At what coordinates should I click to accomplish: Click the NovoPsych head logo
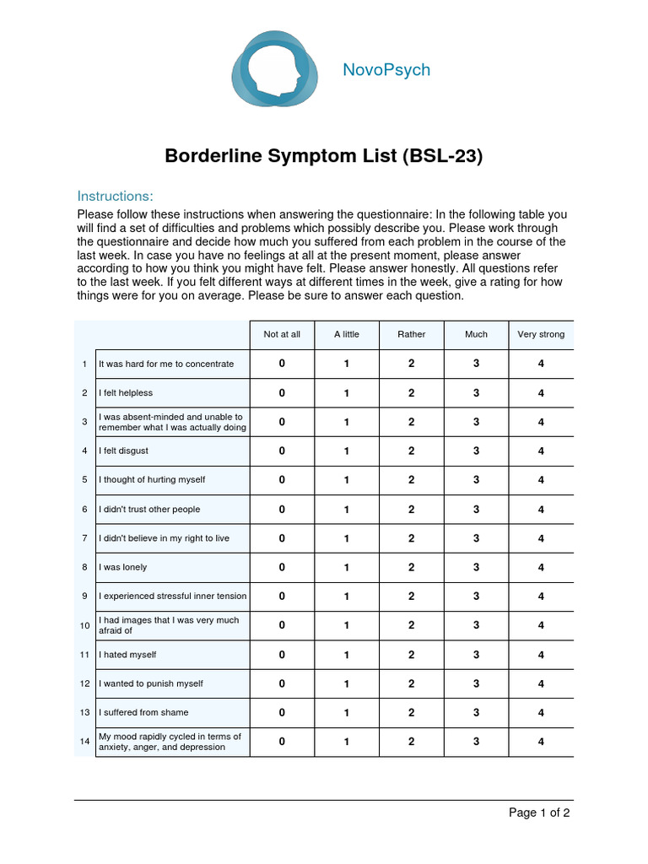coord(275,69)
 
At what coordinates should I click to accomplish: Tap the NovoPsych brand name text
coord(386,70)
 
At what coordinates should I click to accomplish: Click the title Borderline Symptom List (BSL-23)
coord(323,156)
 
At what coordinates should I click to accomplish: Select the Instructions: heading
coord(115,196)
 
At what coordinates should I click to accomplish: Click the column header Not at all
coord(282,334)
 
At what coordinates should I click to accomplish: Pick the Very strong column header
coord(541,334)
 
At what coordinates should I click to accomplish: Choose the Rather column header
coord(412,334)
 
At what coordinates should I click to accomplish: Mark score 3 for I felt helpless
coord(476,392)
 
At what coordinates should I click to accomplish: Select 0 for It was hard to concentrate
coord(282,364)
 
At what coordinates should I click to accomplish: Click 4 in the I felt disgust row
coord(541,451)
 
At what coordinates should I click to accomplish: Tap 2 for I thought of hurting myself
coord(412,480)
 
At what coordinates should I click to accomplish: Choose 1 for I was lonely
coord(347,567)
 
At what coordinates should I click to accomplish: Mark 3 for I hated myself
coord(476,655)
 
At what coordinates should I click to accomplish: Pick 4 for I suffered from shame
coord(541,713)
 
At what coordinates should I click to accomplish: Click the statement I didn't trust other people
coord(149,510)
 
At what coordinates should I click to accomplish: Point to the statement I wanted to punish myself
coord(151,683)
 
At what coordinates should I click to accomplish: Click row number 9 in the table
coord(84,597)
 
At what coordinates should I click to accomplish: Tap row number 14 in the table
coord(84,742)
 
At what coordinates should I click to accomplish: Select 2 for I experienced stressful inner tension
coord(412,597)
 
